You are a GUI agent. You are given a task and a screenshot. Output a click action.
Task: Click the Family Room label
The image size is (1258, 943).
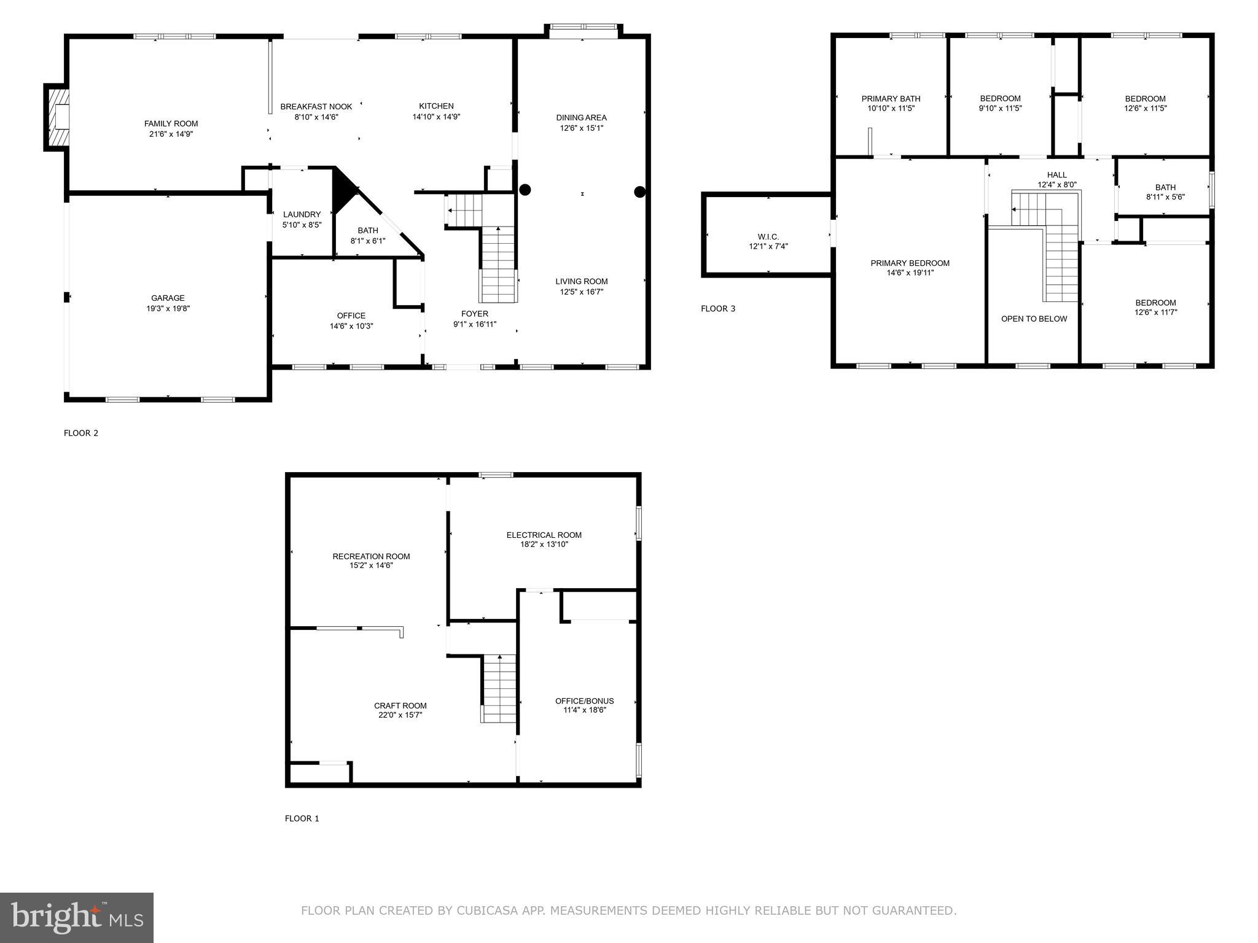(x=171, y=123)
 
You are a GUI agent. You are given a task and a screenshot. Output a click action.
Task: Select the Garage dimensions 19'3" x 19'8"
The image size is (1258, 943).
(x=168, y=309)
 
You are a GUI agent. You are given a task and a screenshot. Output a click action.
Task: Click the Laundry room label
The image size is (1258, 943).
(x=302, y=214)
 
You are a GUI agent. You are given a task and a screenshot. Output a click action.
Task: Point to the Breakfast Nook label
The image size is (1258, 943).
(x=316, y=106)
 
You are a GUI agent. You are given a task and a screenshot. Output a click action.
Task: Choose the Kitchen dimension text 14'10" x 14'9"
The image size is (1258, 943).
(x=436, y=117)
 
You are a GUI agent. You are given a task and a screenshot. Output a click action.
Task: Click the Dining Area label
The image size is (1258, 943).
(x=581, y=117)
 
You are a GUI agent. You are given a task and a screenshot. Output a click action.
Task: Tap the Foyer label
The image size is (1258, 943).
(x=474, y=314)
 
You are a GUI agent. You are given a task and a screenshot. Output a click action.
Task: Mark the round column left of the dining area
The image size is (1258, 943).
(x=525, y=190)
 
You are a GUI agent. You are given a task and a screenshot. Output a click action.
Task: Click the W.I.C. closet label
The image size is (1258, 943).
(x=768, y=236)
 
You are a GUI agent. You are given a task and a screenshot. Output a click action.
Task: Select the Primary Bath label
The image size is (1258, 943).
(x=891, y=98)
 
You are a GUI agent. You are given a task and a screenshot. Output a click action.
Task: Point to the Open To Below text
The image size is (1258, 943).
(x=1034, y=319)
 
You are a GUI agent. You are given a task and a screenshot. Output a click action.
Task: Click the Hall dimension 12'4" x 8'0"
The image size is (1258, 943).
(x=1057, y=185)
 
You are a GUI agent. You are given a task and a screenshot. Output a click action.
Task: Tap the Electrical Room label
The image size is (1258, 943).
(x=544, y=535)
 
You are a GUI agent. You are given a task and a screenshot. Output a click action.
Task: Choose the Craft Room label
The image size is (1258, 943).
(x=400, y=705)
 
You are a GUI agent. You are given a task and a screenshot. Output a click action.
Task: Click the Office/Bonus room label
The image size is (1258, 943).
(x=584, y=700)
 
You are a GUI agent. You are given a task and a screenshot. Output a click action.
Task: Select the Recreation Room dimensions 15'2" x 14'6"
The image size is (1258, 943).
(x=371, y=565)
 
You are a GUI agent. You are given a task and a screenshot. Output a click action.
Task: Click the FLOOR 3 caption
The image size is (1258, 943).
(x=717, y=309)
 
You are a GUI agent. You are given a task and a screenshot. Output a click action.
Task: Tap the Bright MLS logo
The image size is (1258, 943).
(x=77, y=918)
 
